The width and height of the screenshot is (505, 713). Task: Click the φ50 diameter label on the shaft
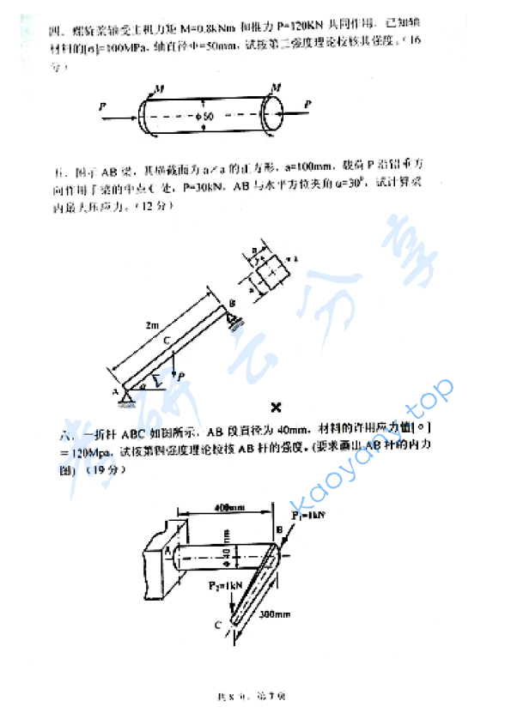click(206, 114)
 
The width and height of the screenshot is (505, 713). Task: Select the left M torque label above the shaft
click(161, 88)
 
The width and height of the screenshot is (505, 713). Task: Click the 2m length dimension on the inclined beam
click(151, 325)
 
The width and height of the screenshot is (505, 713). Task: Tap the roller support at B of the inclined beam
click(234, 317)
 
